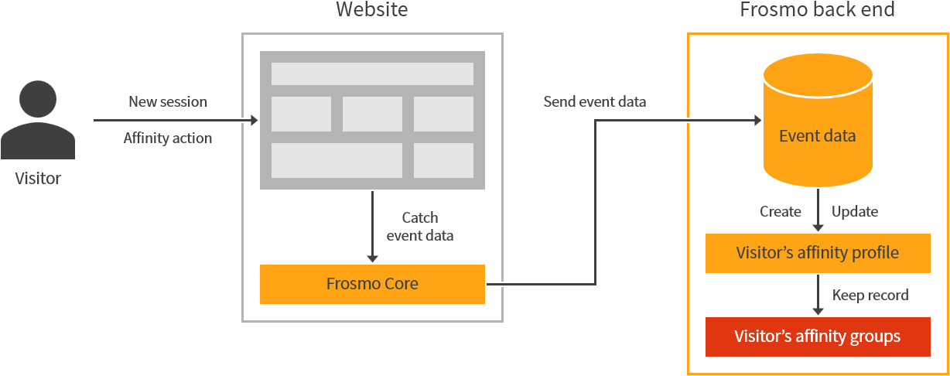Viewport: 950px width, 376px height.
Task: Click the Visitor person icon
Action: (38, 120)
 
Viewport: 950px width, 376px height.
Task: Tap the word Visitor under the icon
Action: (38, 179)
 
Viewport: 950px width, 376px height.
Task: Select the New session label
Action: (168, 101)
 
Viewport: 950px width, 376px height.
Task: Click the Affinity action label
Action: (168, 138)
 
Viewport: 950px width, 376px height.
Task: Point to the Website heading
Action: (371, 10)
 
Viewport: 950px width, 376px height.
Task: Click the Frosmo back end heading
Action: (817, 10)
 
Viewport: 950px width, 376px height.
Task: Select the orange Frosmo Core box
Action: (372, 284)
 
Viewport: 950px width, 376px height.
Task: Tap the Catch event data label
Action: (420, 227)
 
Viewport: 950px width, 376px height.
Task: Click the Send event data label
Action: (595, 101)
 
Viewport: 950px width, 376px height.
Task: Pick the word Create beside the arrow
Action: (780, 211)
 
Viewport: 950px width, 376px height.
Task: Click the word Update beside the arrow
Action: (855, 211)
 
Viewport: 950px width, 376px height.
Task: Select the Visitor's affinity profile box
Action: (818, 253)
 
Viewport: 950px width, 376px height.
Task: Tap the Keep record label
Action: (870, 295)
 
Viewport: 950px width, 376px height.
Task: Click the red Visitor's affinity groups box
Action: (818, 337)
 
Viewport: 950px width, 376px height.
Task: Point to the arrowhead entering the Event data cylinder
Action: (757, 121)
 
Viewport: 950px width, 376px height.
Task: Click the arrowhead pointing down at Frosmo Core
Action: (372, 258)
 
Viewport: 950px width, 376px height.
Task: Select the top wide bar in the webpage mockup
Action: (372, 73)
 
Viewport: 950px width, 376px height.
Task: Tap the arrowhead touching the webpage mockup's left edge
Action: (254, 121)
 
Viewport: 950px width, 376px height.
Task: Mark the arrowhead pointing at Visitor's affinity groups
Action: (818, 310)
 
